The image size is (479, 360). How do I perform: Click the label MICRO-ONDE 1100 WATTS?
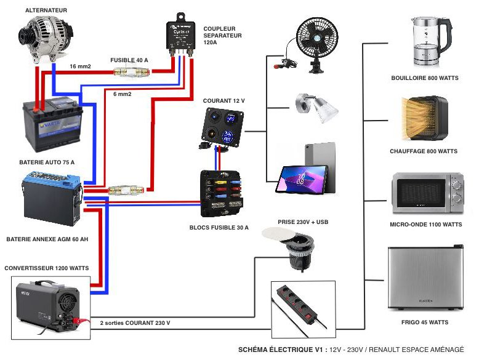pos(427,225)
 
